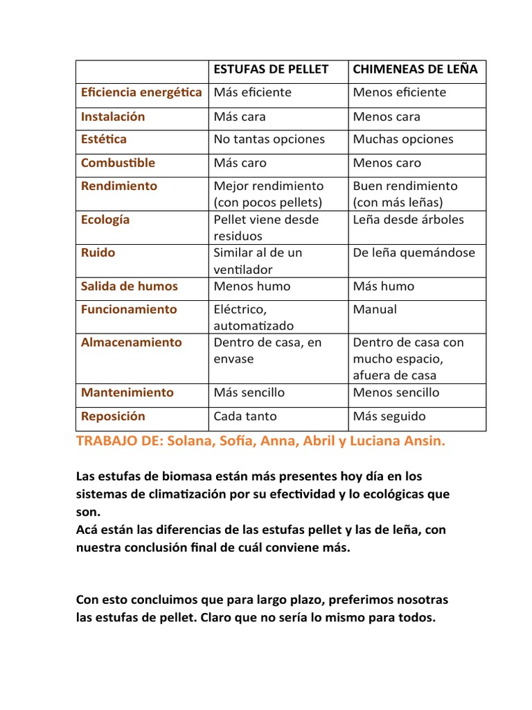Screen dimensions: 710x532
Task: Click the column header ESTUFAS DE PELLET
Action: (270, 69)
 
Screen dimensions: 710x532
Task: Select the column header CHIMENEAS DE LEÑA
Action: (415, 69)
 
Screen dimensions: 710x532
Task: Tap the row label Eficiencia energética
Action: (141, 92)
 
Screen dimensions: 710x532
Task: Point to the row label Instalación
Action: (113, 116)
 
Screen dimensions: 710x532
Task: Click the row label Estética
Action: (104, 139)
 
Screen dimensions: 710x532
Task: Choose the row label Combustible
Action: (118, 163)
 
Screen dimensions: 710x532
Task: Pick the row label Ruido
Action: (98, 252)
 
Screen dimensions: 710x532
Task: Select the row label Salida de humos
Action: (129, 286)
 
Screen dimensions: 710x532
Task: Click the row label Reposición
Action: (113, 416)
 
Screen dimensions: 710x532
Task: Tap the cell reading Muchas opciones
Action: (403, 139)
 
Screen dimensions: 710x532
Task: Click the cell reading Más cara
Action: (240, 116)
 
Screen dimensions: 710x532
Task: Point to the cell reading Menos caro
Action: (387, 163)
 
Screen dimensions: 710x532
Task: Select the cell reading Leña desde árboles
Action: (408, 220)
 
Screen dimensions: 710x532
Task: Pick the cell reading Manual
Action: (375, 309)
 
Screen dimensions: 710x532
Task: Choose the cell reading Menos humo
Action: (252, 286)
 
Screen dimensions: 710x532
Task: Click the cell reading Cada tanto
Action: (245, 416)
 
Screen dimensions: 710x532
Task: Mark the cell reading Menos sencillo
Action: (396, 392)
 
